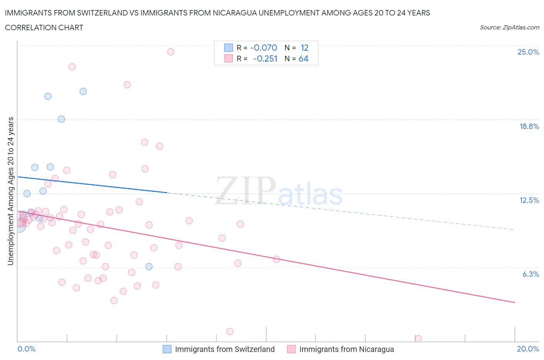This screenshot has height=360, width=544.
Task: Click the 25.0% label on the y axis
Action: [x=528, y=52]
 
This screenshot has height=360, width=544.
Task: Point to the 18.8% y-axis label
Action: [x=529, y=126]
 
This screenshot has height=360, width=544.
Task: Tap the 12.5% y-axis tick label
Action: [x=529, y=200]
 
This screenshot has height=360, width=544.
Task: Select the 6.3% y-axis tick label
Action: [x=530, y=274]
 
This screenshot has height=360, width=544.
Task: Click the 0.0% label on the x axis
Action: [x=26, y=349]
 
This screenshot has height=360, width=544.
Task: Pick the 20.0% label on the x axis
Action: [x=528, y=349]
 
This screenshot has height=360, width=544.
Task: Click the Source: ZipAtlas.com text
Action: [x=509, y=27]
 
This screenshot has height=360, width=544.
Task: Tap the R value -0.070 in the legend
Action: [x=263, y=48]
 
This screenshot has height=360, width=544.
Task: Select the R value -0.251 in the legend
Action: [x=265, y=58]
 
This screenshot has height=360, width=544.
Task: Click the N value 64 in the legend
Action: [x=303, y=58]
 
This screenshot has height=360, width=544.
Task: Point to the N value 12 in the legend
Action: [x=305, y=48]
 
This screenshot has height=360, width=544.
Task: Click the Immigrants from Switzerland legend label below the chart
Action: [x=224, y=349]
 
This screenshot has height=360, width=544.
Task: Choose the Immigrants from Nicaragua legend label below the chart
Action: [x=346, y=349]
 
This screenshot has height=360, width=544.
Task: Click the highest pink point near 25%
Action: [x=171, y=52]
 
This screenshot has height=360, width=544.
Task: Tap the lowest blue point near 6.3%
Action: [x=149, y=266]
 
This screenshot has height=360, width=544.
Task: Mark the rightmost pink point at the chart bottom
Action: [x=418, y=338]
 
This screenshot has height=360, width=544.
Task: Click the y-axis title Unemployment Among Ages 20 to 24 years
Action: [x=11, y=191]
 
